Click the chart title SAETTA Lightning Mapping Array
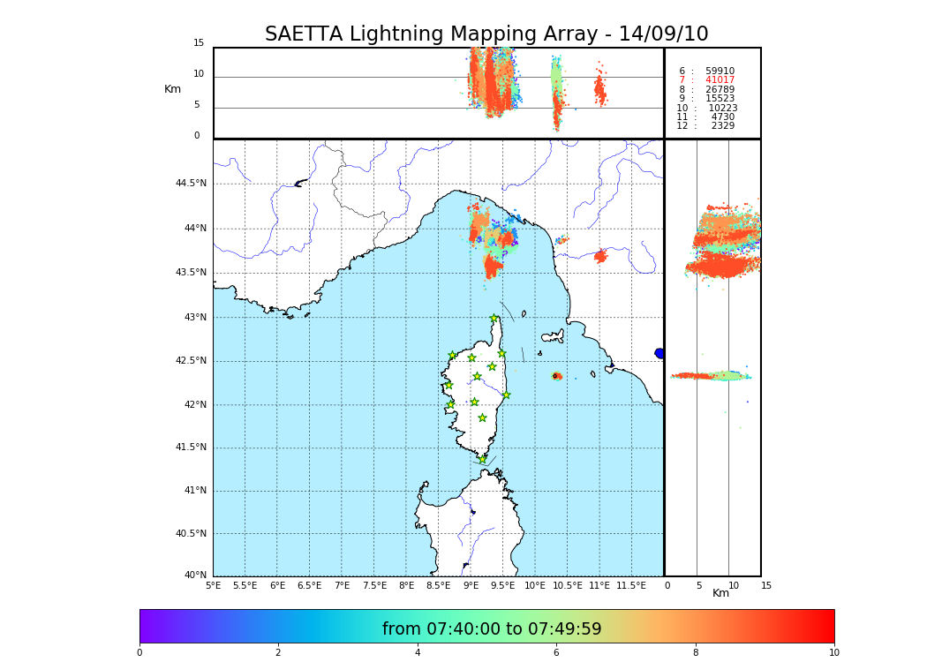(486, 34)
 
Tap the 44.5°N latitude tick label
(191, 184)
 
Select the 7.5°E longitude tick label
(374, 585)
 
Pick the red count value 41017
(720, 80)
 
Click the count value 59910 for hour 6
(720, 71)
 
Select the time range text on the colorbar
(492, 629)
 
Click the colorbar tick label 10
(833, 653)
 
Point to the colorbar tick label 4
(418, 653)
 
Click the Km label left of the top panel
(172, 89)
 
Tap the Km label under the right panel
(721, 593)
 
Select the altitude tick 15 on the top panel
(199, 43)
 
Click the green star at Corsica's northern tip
(494, 319)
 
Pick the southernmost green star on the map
(482, 459)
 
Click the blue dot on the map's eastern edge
(659, 353)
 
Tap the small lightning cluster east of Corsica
(556, 376)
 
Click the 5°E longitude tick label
(214, 585)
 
